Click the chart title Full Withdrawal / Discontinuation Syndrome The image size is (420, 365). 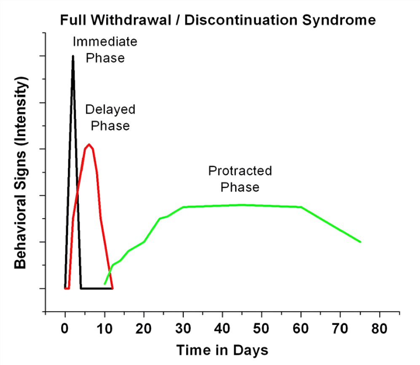217,20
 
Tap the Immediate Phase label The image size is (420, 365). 105,50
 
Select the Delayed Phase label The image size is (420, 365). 110,118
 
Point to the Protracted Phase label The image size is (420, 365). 240,179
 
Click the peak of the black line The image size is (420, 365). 73,56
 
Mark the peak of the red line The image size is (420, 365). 89,145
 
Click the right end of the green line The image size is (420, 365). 361,242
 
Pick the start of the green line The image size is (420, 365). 104,284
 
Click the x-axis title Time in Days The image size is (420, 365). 222,350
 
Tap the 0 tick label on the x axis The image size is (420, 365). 65,328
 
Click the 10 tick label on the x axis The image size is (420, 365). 104,328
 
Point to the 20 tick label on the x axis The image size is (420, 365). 144,328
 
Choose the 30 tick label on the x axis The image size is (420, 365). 183,328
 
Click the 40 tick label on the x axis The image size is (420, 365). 222,328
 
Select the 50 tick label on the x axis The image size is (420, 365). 262,328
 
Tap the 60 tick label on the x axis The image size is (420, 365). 301,328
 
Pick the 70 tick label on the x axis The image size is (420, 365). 340,328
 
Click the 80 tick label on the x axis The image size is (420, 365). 380,328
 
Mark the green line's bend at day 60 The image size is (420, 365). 301,207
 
